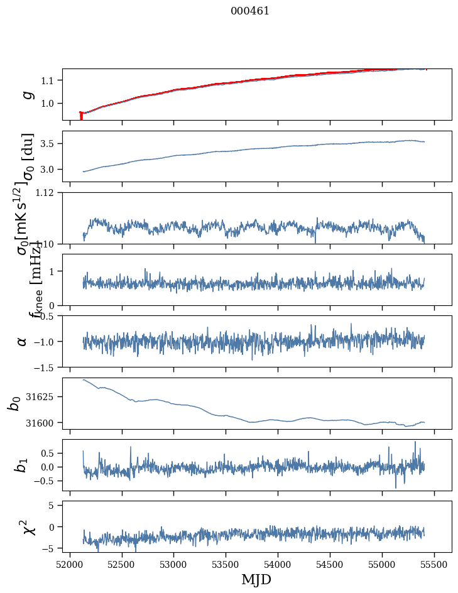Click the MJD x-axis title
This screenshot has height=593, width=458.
point(256,579)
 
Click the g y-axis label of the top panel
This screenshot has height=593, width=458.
point(26,94)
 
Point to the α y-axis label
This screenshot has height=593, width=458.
point(23,341)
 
